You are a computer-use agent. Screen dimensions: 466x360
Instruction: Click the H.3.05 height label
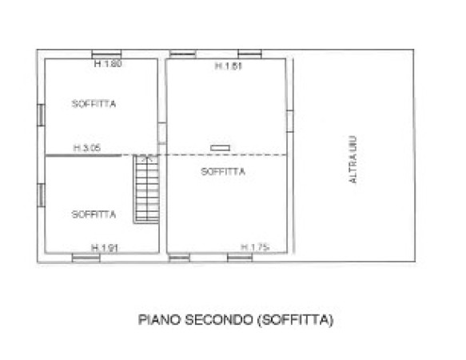(87, 147)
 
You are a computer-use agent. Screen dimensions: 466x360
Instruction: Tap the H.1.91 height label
(105, 248)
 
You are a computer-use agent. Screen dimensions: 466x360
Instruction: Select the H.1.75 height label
(255, 247)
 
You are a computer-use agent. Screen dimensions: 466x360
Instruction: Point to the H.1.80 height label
(108, 63)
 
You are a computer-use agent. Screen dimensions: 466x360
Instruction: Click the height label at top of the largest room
(229, 66)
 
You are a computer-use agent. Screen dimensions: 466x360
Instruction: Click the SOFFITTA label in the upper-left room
(94, 104)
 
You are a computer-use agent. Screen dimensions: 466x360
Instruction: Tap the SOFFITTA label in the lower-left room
(94, 214)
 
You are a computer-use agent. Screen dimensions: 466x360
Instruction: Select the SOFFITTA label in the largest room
(223, 172)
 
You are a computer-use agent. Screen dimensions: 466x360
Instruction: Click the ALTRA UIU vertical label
(352, 160)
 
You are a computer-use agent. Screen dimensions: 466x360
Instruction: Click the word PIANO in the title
(160, 320)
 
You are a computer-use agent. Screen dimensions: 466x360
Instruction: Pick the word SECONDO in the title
(219, 320)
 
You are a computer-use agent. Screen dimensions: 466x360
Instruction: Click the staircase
(146, 189)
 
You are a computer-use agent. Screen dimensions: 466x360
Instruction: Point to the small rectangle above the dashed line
(221, 148)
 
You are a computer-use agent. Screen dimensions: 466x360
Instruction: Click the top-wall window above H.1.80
(106, 54)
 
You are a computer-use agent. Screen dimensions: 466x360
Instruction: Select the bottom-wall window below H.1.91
(86, 258)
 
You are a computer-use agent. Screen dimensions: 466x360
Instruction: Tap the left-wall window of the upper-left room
(41, 115)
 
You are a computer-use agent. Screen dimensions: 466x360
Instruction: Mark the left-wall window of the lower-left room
(41, 195)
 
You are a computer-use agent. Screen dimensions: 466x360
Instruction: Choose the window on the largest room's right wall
(290, 121)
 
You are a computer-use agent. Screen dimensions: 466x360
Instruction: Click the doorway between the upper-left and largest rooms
(162, 134)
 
